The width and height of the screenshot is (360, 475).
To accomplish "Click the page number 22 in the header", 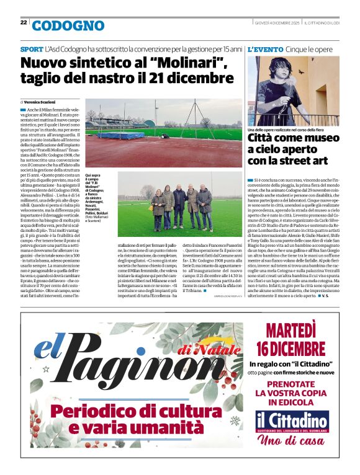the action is pos(23,23).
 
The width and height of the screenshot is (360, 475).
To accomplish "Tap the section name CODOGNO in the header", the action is pos(68,25).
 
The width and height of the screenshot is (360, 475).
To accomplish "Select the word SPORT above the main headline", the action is pos(32,48).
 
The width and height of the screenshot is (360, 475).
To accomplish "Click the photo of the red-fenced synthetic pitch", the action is pos(163,133).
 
